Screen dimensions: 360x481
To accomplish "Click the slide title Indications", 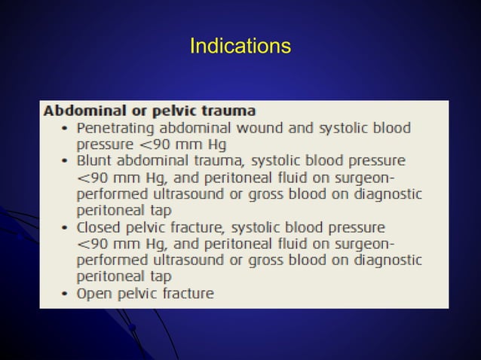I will tap(240, 47).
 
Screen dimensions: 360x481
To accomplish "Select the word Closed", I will tap(99, 227).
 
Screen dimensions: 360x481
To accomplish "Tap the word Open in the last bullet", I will tap(93, 293).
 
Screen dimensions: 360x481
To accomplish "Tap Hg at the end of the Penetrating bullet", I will tap(216, 145).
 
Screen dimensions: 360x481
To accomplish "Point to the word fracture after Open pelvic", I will tap(187, 293).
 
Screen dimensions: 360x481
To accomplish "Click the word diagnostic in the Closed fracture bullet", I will tap(384, 260).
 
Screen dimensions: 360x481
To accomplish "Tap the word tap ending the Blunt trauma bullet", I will tap(161, 210).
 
